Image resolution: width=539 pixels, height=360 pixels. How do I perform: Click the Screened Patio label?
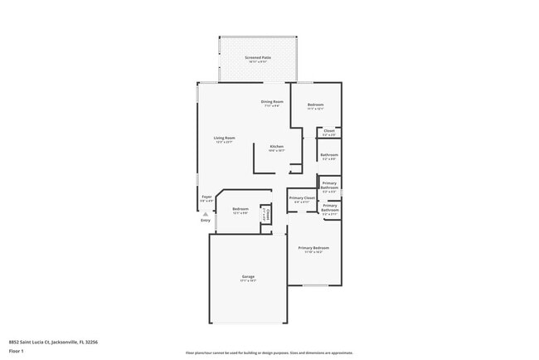click(x=257, y=57)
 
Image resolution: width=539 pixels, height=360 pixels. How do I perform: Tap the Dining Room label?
click(x=272, y=101)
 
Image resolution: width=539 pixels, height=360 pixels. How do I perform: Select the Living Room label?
click(x=224, y=138)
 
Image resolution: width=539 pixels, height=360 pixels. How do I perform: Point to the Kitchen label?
click(x=276, y=146)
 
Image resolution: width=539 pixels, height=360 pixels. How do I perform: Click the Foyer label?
click(x=206, y=197)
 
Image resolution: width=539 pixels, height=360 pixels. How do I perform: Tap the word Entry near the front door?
click(x=206, y=220)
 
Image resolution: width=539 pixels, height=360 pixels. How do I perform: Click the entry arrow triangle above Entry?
click(x=206, y=213)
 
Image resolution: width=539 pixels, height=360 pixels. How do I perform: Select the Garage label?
click(x=248, y=276)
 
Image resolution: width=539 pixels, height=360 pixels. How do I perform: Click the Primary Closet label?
click(x=302, y=197)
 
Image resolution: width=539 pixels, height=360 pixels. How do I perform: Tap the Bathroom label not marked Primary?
click(x=328, y=154)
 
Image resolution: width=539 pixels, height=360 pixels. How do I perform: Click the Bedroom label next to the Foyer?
click(x=240, y=208)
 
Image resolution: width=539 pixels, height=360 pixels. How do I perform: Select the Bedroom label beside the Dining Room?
click(x=315, y=105)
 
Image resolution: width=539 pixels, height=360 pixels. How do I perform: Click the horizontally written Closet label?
click(x=329, y=130)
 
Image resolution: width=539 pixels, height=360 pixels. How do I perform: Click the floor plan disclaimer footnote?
click(x=269, y=353)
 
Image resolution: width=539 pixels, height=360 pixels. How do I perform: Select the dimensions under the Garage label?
click(x=248, y=281)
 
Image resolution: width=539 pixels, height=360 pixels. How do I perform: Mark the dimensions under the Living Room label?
click(x=224, y=143)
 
